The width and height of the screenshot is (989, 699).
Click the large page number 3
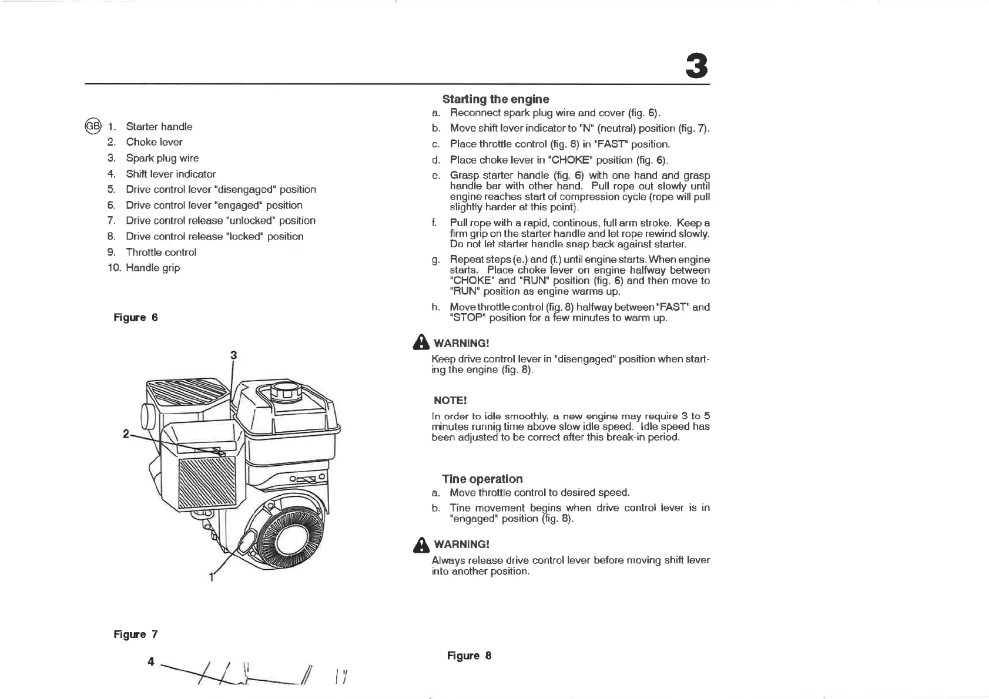pos(696,66)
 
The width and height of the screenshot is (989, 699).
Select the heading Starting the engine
pos(495,99)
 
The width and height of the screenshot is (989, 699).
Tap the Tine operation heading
pos(482,479)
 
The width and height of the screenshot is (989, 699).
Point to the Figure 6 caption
pos(135,318)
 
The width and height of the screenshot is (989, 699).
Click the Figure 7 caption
pos(135,634)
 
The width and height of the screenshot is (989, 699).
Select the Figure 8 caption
pos(469,656)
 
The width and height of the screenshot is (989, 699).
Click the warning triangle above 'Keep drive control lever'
pos(421,342)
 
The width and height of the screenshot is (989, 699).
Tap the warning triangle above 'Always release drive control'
pos(421,544)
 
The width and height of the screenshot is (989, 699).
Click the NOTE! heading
pos(450,401)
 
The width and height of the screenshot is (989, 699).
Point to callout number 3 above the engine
pos(233,355)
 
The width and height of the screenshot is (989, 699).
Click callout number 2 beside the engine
pos(125,434)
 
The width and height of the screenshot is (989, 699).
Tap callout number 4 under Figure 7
pos(151,661)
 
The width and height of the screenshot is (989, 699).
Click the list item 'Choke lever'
pos(154,142)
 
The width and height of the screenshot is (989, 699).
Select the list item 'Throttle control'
pos(161,252)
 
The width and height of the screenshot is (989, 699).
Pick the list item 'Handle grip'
pos(153,268)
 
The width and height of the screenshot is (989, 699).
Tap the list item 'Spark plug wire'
pos(162,158)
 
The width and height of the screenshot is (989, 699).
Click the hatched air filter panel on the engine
pos(207,482)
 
